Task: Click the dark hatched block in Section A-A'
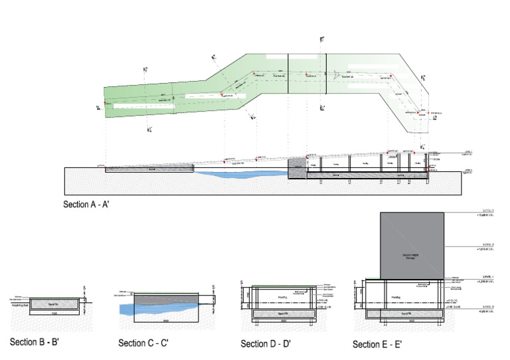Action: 297,169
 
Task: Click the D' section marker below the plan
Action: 322,108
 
